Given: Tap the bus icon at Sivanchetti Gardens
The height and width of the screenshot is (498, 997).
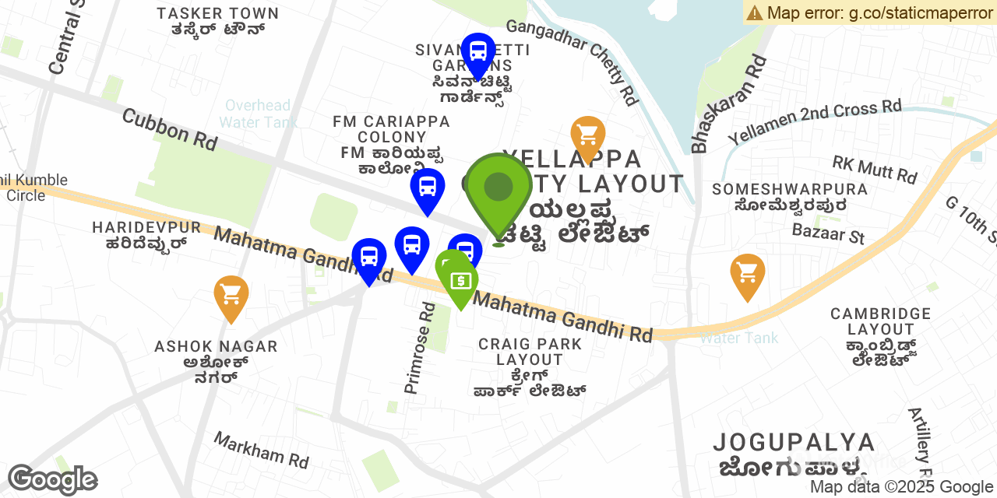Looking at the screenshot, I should point(478,52).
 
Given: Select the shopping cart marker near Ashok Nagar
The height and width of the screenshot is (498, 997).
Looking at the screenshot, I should point(231,295).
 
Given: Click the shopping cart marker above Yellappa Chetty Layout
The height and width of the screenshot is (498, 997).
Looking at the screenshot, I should point(588,135).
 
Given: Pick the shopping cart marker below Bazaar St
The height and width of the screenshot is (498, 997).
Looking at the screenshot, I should point(748,273).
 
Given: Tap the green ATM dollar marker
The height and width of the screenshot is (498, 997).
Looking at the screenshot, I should point(460,279).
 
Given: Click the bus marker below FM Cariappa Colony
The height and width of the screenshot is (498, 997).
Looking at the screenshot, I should point(428,188).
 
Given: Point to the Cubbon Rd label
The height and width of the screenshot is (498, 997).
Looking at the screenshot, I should point(169,129).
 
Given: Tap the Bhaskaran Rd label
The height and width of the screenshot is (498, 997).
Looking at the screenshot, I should point(727,103).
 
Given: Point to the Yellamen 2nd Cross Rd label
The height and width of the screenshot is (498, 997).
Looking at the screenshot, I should point(814,121).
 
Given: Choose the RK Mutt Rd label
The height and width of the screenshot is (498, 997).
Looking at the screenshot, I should point(874,169).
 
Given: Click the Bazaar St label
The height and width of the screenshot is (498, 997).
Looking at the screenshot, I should point(828,232).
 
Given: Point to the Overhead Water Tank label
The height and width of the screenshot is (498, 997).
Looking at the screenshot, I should point(258,114).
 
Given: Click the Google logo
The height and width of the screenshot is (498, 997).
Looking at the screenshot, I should point(52,480).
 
